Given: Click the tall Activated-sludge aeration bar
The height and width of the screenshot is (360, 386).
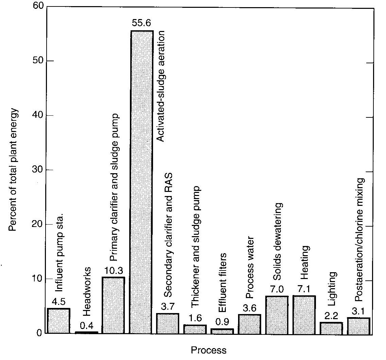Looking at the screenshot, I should [142, 182].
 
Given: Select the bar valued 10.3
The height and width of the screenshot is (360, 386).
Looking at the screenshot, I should [113, 305].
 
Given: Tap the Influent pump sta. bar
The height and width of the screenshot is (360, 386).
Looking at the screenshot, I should [58, 321].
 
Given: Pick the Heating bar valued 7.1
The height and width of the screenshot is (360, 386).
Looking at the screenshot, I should [304, 314].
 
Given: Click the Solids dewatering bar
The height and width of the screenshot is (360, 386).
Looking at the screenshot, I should [277, 315].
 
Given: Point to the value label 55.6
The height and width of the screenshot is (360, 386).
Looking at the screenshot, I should [142, 24].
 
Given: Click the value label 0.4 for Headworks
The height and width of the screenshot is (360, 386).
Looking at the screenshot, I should [86, 325].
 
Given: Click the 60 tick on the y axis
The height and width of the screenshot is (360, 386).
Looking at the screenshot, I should [38, 7].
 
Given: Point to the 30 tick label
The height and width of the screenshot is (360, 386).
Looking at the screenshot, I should [38, 170].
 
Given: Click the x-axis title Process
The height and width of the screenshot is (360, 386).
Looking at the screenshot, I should [208, 350].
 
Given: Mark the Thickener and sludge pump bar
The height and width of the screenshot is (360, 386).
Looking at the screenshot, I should [195, 329].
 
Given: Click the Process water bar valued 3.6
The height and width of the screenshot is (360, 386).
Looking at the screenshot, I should [249, 324].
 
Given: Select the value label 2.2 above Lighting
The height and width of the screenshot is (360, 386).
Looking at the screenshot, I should [332, 316].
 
